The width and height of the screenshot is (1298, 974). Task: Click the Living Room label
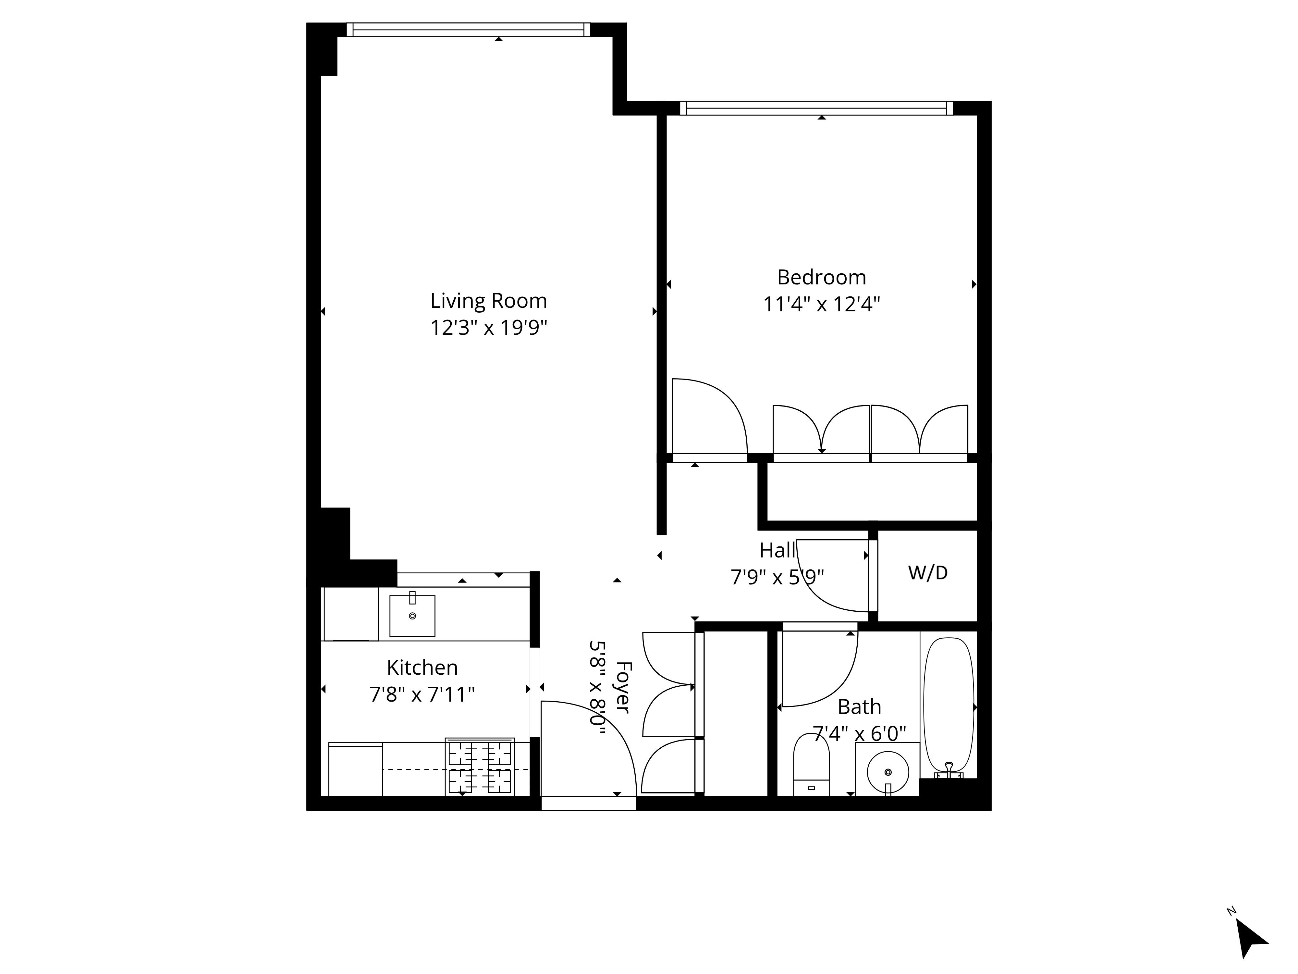click(x=489, y=301)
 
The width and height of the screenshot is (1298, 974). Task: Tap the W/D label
click(x=928, y=572)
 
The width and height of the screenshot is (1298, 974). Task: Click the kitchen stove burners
click(x=480, y=767)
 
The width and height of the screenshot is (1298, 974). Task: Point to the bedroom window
click(x=816, y=108)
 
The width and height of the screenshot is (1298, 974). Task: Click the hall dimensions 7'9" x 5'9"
click(x=778, y=578)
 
